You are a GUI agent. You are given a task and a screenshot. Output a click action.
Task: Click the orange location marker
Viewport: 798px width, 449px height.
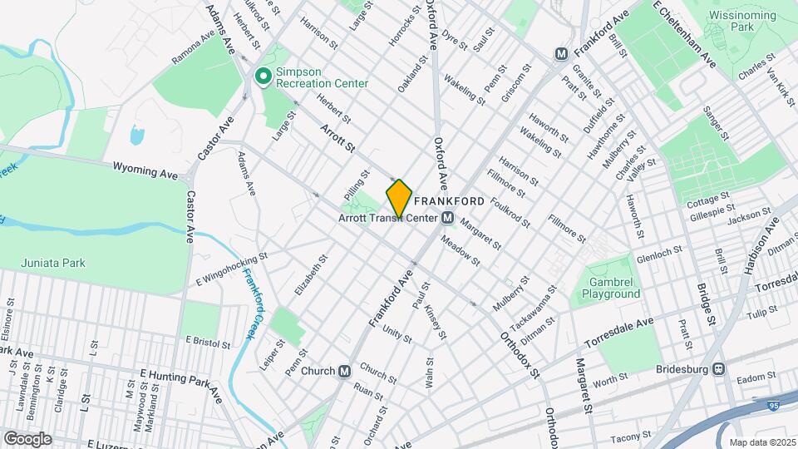click(x=399, y=199)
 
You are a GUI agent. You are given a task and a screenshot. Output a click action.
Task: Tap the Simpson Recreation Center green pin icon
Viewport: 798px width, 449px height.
click(x=264, y=77)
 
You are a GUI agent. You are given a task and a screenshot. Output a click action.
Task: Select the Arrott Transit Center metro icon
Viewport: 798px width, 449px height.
click(x=447, y=218)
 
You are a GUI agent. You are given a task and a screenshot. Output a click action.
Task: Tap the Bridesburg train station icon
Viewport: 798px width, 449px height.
click(x=720, y=368)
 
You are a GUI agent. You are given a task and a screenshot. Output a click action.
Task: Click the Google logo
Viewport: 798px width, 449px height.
click(x=27, y=438)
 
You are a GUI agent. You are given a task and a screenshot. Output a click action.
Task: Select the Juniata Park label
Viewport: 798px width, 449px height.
click(x=53, y=264)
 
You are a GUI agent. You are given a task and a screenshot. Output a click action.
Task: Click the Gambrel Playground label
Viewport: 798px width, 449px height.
click(x=611, y=288)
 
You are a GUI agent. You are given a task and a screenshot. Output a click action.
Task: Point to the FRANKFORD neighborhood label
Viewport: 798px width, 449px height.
click(x=449, y=201)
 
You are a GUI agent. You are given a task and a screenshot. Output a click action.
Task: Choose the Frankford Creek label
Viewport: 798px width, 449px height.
click(x=252, y=303)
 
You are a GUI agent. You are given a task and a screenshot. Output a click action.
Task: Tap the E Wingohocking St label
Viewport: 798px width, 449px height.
click(x=230, y=268)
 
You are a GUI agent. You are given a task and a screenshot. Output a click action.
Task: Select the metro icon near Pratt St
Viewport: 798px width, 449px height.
click(x=561, y=54)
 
